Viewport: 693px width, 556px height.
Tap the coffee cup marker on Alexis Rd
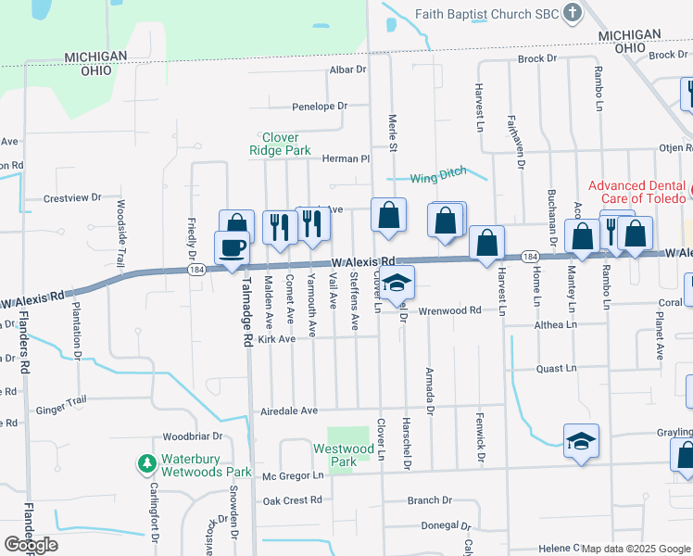click(231, 247)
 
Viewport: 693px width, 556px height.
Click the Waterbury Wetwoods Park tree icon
click(145, 461)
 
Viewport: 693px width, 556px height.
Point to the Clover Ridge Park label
click(280, 144)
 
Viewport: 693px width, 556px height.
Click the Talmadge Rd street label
click(247, 315)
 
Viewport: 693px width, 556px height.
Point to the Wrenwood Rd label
click(449, 310)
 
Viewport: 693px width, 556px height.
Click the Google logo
click(31, 544)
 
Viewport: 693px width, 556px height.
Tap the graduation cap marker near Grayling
click(581, 441)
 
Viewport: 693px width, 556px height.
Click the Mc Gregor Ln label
click(293, 475)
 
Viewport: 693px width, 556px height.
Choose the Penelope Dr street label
click(319, 107)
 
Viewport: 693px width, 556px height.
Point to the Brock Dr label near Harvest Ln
click(537, 58)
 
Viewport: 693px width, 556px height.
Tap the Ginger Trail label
click(61, 400)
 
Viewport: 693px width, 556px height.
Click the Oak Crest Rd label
click(291, 500)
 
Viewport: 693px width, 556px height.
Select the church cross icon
click(573, 13)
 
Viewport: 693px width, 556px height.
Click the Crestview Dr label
click(72, 198)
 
